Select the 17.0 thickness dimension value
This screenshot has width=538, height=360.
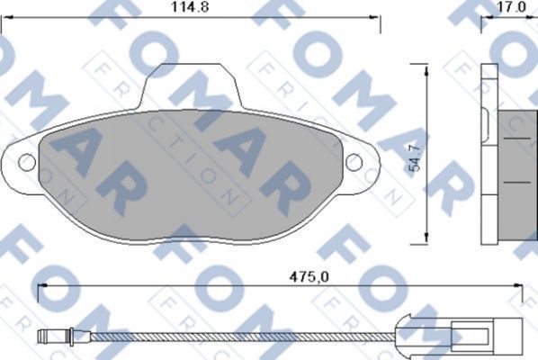(x=511, y=6)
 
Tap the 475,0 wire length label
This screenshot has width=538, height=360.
(x=301, y=276)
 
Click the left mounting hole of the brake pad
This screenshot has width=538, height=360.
(x=26, y=162)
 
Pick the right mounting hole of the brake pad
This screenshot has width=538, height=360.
(x=354, y=162)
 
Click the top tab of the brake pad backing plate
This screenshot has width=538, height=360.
(x=197, y=86)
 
